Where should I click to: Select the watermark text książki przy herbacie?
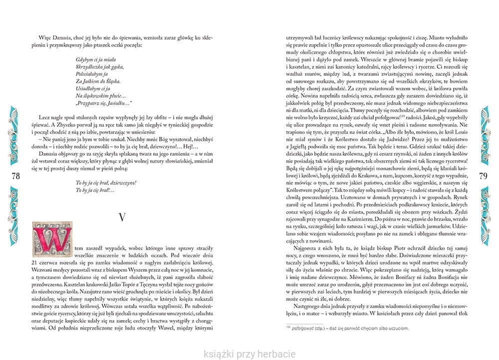tap(249, 354)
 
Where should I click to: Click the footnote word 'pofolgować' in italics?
tap(293, 328)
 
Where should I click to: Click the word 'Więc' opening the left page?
tap(37, 38)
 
